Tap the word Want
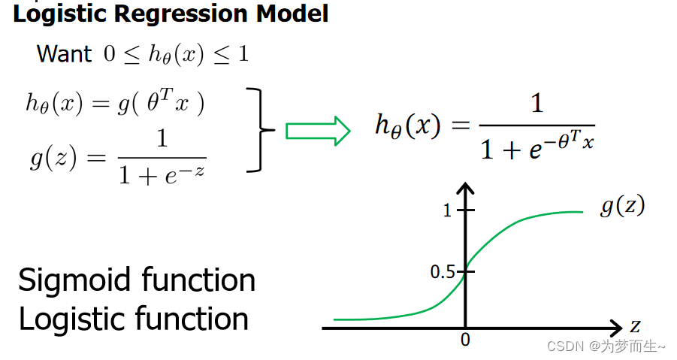[64, 54]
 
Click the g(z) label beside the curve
[621, 206]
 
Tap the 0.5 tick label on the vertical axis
[442, 271]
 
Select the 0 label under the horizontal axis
[465, 340]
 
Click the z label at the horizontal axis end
[635, 326]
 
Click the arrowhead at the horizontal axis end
[614, 328]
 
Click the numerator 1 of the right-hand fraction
[536, 104]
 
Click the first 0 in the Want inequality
[109, 55]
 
